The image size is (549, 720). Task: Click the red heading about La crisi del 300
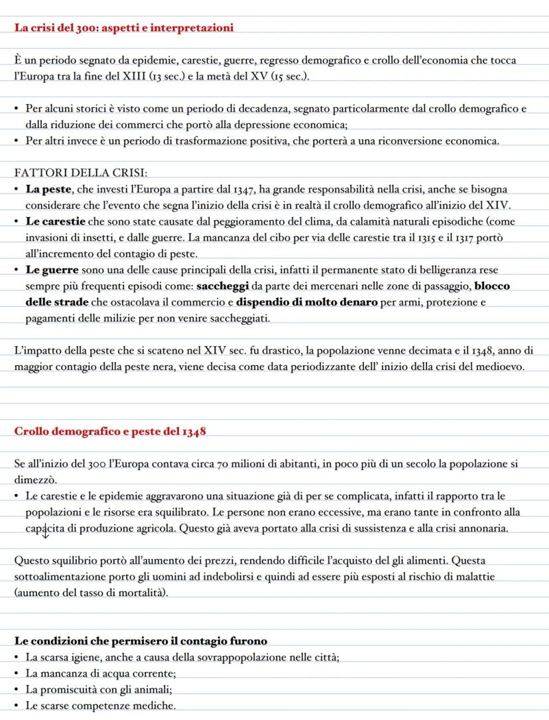[123, 27]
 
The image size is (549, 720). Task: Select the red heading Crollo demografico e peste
[110, 432]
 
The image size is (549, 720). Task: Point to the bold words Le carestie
[58, 221]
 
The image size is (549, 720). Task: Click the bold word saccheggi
[222, 286]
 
